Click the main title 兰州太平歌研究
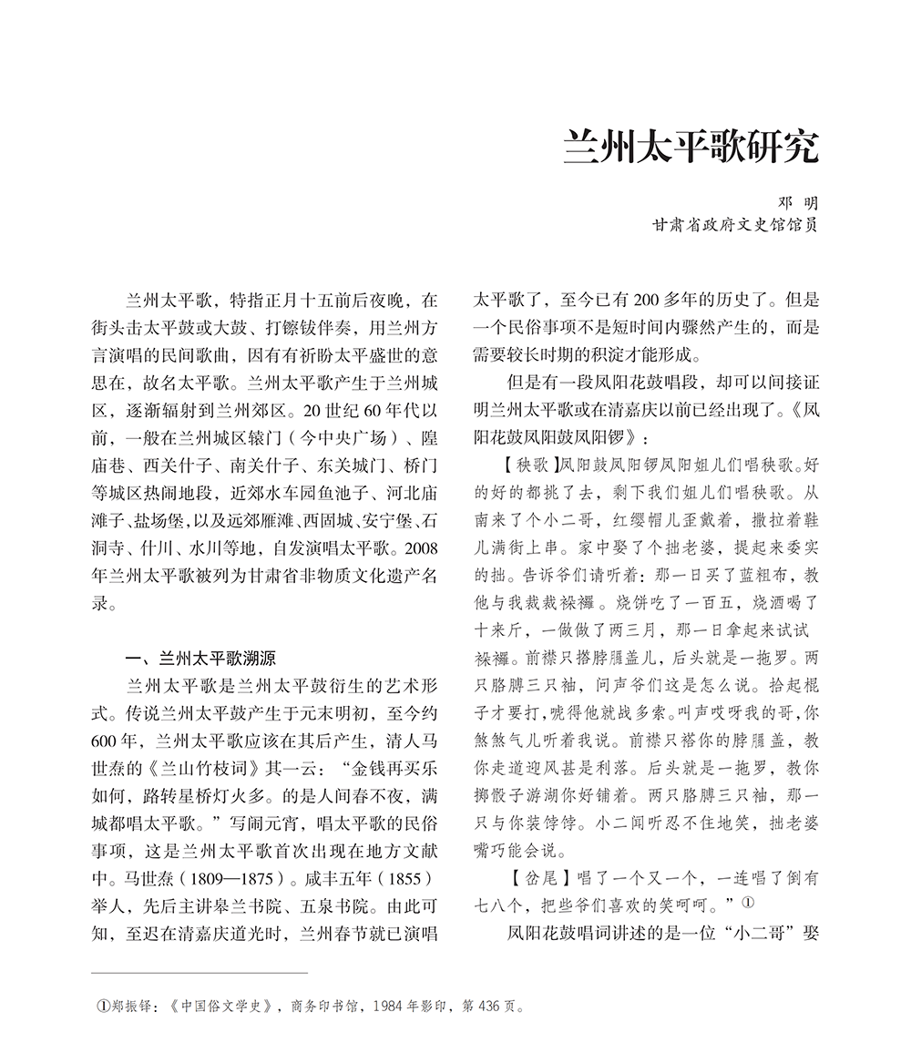[x=690, y=146]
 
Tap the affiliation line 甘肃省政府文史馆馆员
[x=733, y=224]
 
